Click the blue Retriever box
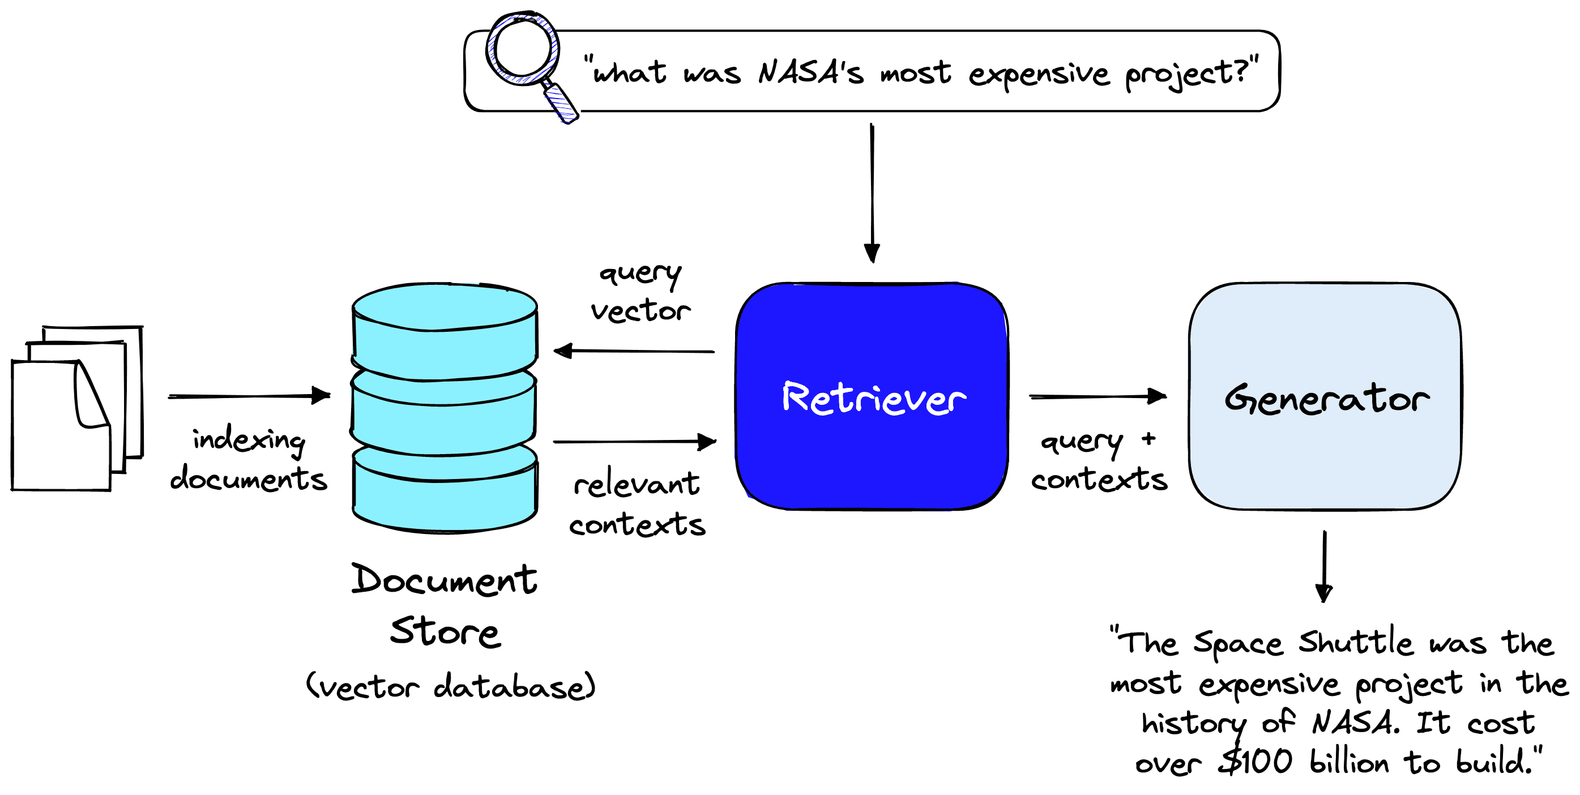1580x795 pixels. click(x=871, y=396)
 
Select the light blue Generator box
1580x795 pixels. click(x=1325, y=396)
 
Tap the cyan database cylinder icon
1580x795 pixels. click(x=445, y=407)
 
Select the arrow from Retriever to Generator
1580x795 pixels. click(x=1098, y=396)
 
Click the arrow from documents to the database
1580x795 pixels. click(x=249, y=396)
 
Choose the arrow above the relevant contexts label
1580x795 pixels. click(x=635, y=441)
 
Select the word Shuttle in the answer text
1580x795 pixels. click(x=1356, y=642)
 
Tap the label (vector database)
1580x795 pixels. click(x=451, y=686)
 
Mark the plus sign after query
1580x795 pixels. click(x=1149, y=439)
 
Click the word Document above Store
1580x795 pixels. click(x=444, y=580)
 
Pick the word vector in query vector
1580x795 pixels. click(x=640, y=311)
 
